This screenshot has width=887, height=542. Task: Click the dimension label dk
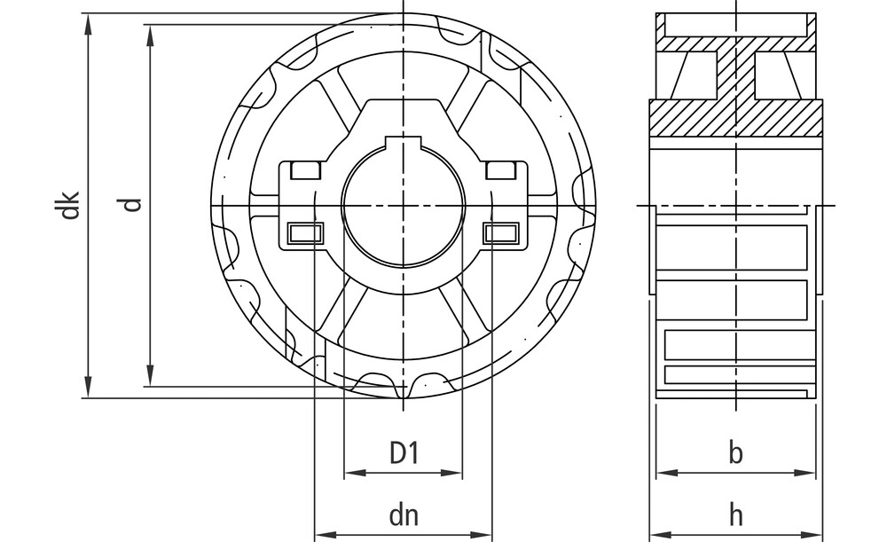pyautogui.click(x=70, y=206)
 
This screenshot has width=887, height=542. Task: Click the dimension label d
pyautogui.click(x=132, y=205)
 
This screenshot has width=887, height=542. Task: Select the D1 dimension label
pyautogui.click(x=404, y=452)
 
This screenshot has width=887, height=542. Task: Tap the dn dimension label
pyautogui.click(x=404, y=515)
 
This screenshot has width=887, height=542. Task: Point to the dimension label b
pyautogui.click(x=735, y=452)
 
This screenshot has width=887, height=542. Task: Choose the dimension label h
pyautogui.click(x=735, y=515)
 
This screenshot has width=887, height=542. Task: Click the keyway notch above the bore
pyautogui.click(x=404, y=141)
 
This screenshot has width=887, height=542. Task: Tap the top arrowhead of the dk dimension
pyautogui.click(x=88, y=24)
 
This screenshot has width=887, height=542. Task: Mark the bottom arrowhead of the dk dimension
pyautogui.click(x=88, y=387)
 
